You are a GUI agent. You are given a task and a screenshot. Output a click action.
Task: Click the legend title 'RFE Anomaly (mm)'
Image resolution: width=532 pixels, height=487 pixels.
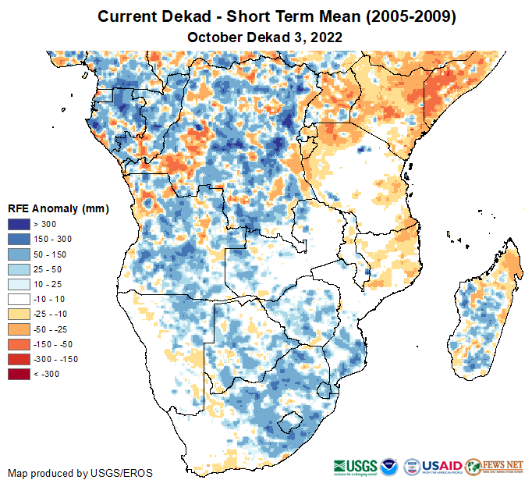pos(58,209)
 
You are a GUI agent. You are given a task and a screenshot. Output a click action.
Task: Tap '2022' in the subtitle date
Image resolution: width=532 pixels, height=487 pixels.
pos(327,37)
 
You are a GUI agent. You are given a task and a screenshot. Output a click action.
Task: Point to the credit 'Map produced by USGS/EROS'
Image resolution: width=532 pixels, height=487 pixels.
pos(80,473)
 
